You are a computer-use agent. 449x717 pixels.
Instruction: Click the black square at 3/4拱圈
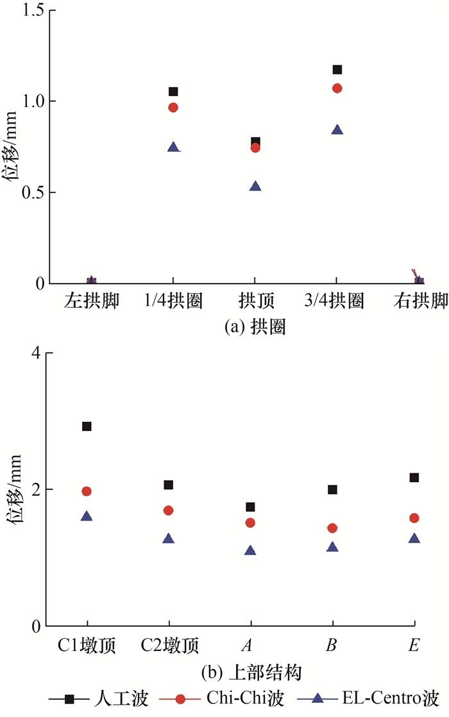337,69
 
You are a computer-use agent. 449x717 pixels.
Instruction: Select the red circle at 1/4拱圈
173,107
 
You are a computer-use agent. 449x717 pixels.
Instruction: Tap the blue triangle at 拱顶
255,187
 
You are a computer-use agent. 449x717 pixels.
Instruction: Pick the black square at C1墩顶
87,426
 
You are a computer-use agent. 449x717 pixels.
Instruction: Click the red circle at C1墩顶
87,491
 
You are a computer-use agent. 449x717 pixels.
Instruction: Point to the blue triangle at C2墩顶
169,539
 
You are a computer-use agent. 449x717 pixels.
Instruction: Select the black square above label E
414,477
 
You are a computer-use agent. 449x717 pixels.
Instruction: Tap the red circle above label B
332,528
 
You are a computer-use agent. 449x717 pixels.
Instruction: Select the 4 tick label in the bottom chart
35,353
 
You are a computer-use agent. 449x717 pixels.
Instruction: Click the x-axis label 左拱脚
91,301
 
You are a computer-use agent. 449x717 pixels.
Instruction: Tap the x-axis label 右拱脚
419,301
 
